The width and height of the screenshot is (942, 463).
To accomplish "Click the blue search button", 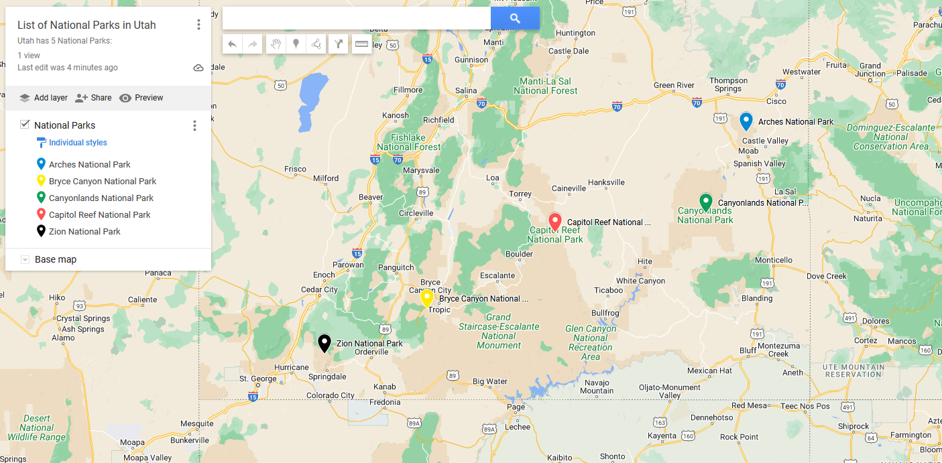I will (514, 18).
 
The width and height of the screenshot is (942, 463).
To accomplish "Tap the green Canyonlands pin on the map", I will (705, 202).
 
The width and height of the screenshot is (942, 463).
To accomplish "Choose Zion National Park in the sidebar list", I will (84, 231).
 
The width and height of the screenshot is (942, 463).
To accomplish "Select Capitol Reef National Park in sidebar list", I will (99, 214).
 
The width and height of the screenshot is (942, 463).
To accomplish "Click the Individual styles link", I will (78, 143).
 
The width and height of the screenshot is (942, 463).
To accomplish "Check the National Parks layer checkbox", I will (25, 125).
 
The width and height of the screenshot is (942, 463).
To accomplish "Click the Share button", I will (93, 98).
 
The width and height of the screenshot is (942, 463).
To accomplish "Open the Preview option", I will (141, 98).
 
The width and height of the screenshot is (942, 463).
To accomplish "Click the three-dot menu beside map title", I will (198, 25).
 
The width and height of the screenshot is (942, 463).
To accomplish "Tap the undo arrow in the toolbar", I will (232, 44).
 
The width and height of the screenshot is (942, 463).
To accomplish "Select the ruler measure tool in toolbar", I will (361, 44).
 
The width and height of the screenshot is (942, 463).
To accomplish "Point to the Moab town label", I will (748, 151).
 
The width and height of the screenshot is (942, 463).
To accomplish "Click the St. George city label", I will (258, 379).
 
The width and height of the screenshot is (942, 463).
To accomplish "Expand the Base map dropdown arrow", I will (25, 259).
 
